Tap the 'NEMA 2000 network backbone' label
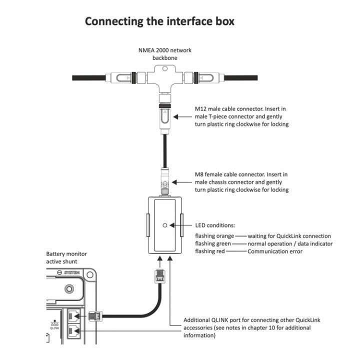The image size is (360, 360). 164,54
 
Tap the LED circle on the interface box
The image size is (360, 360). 164,225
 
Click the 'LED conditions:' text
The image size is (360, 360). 215,225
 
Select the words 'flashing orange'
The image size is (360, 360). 214,236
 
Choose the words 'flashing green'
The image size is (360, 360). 213,243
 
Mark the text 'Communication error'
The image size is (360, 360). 275,251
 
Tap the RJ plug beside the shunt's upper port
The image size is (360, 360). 95,316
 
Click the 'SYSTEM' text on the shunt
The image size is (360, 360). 72,273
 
